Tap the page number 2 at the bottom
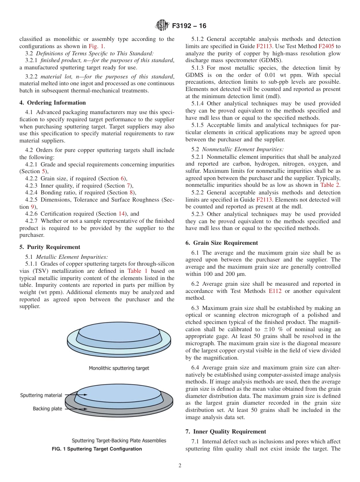180,466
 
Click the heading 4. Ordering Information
53,103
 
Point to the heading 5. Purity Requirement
50,247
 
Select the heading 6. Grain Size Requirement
222,243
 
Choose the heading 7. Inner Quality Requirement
226,432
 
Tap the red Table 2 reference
330,185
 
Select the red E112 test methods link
275,291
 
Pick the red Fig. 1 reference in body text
96,46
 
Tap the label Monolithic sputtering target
119,368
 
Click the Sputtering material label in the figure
41,395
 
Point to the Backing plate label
47,409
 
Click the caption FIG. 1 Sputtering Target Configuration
97,449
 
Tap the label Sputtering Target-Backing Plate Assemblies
119,441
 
